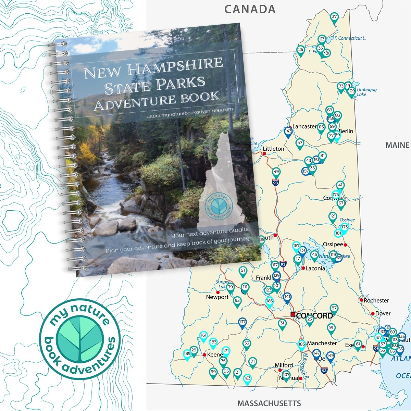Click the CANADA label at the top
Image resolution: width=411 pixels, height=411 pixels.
(250, 9)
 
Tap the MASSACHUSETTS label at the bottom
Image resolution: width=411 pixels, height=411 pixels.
(269, 403)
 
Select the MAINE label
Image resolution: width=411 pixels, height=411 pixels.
(397, 145)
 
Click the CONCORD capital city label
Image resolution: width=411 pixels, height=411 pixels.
(314, 316)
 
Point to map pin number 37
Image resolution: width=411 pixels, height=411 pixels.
(334, 17)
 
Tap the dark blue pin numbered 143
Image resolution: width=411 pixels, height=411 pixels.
(288, 132)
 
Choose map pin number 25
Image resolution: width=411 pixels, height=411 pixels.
(300, 50)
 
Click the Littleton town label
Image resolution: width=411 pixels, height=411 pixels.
(273, 149)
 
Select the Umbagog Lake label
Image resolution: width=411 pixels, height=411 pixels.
(366, 92)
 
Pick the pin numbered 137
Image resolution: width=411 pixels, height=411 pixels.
(242, 322)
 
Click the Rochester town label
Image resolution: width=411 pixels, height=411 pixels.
(376, 300)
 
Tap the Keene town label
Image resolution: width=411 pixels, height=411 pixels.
(215, 354)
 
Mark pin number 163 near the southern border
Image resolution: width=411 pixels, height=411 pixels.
(247, 379)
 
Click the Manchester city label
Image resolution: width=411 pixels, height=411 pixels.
(322, 343)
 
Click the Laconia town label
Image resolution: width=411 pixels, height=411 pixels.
(315, 268)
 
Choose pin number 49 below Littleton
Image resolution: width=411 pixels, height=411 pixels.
(276, 172)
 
